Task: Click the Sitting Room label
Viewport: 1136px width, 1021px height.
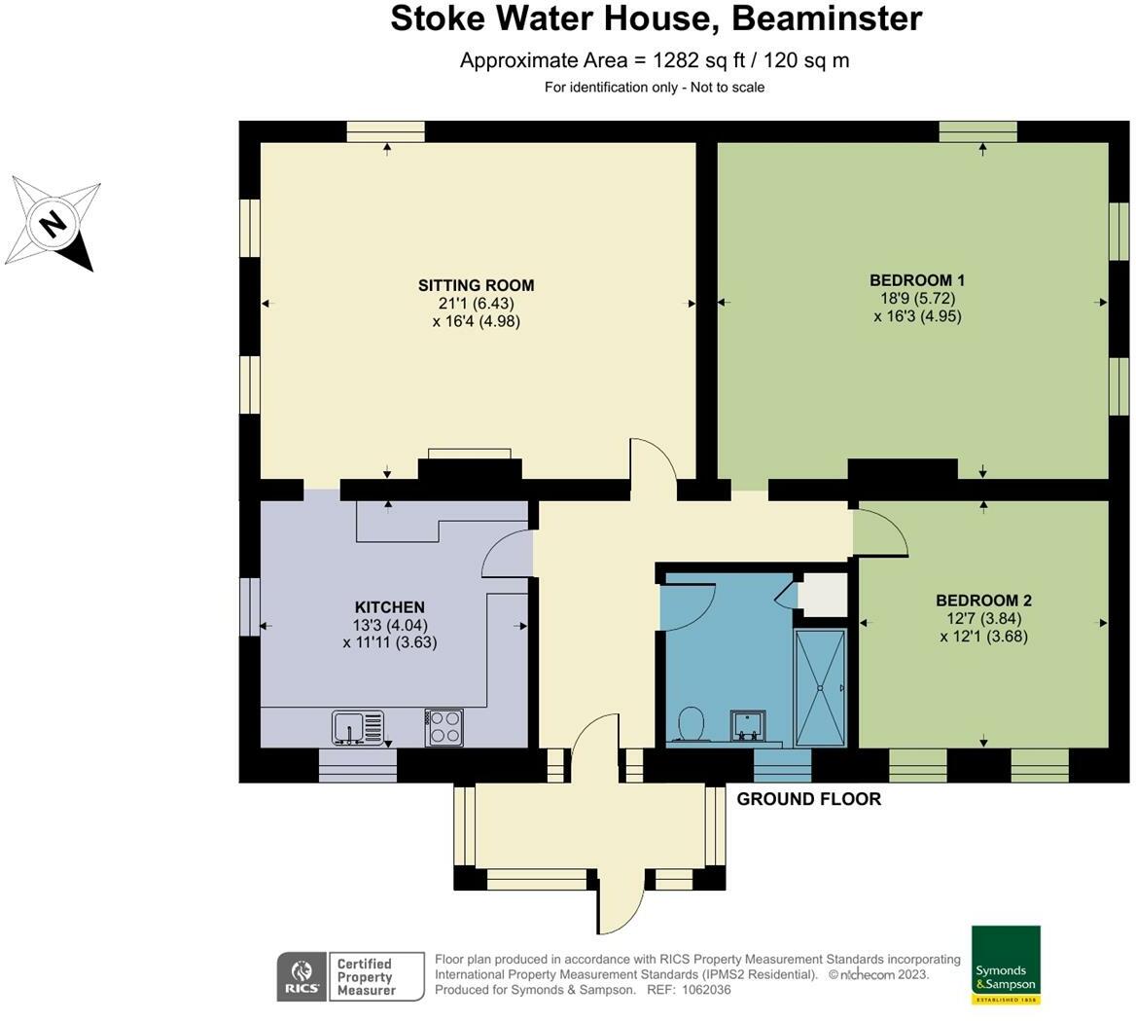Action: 476,285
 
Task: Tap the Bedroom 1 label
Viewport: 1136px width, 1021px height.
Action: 917,280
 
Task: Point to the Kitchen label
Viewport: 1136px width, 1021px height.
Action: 389,607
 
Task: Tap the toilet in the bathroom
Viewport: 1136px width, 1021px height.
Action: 691,724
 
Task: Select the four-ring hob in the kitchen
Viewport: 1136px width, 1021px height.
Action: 444,727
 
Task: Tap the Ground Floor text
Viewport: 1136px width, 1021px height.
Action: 808,799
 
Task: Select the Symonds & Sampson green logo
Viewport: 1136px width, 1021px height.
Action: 1006,965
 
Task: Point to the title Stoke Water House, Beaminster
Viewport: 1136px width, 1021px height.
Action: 656,18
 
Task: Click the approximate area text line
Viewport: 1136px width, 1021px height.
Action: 655,60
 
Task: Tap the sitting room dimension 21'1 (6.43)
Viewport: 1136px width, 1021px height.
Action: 476,303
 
